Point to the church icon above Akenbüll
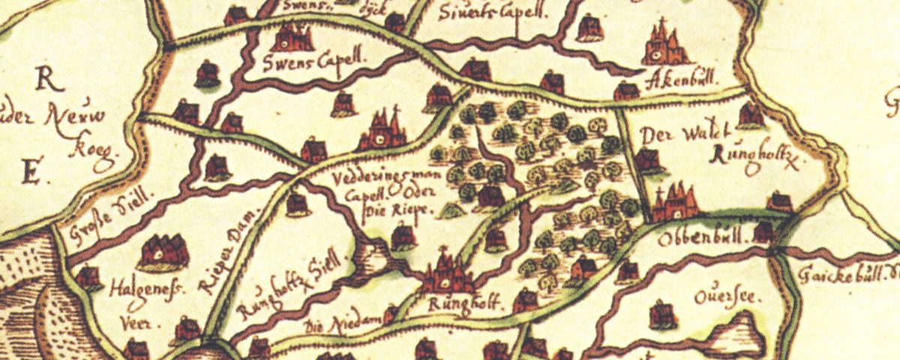click(x=664, y=45)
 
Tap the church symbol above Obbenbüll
click(x=675, y=202)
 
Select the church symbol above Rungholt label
click(x=448, y=274)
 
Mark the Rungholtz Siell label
click(x=293, y=284)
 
